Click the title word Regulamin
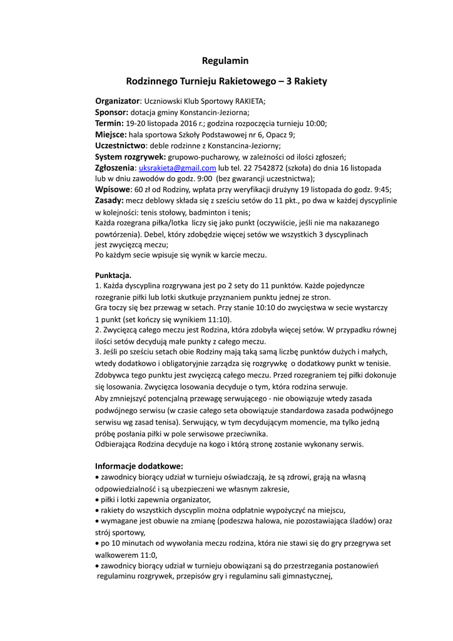point(225,61)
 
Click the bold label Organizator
point(117,101)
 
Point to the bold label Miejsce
point(111,135)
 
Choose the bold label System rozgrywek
point(130,156)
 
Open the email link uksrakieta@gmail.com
point(177,168)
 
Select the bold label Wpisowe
point(113,190)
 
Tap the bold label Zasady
point(109,201)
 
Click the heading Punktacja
point(113,275)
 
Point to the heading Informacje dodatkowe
point(139,466)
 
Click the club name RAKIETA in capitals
point(250,101)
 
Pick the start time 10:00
point(315,124)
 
